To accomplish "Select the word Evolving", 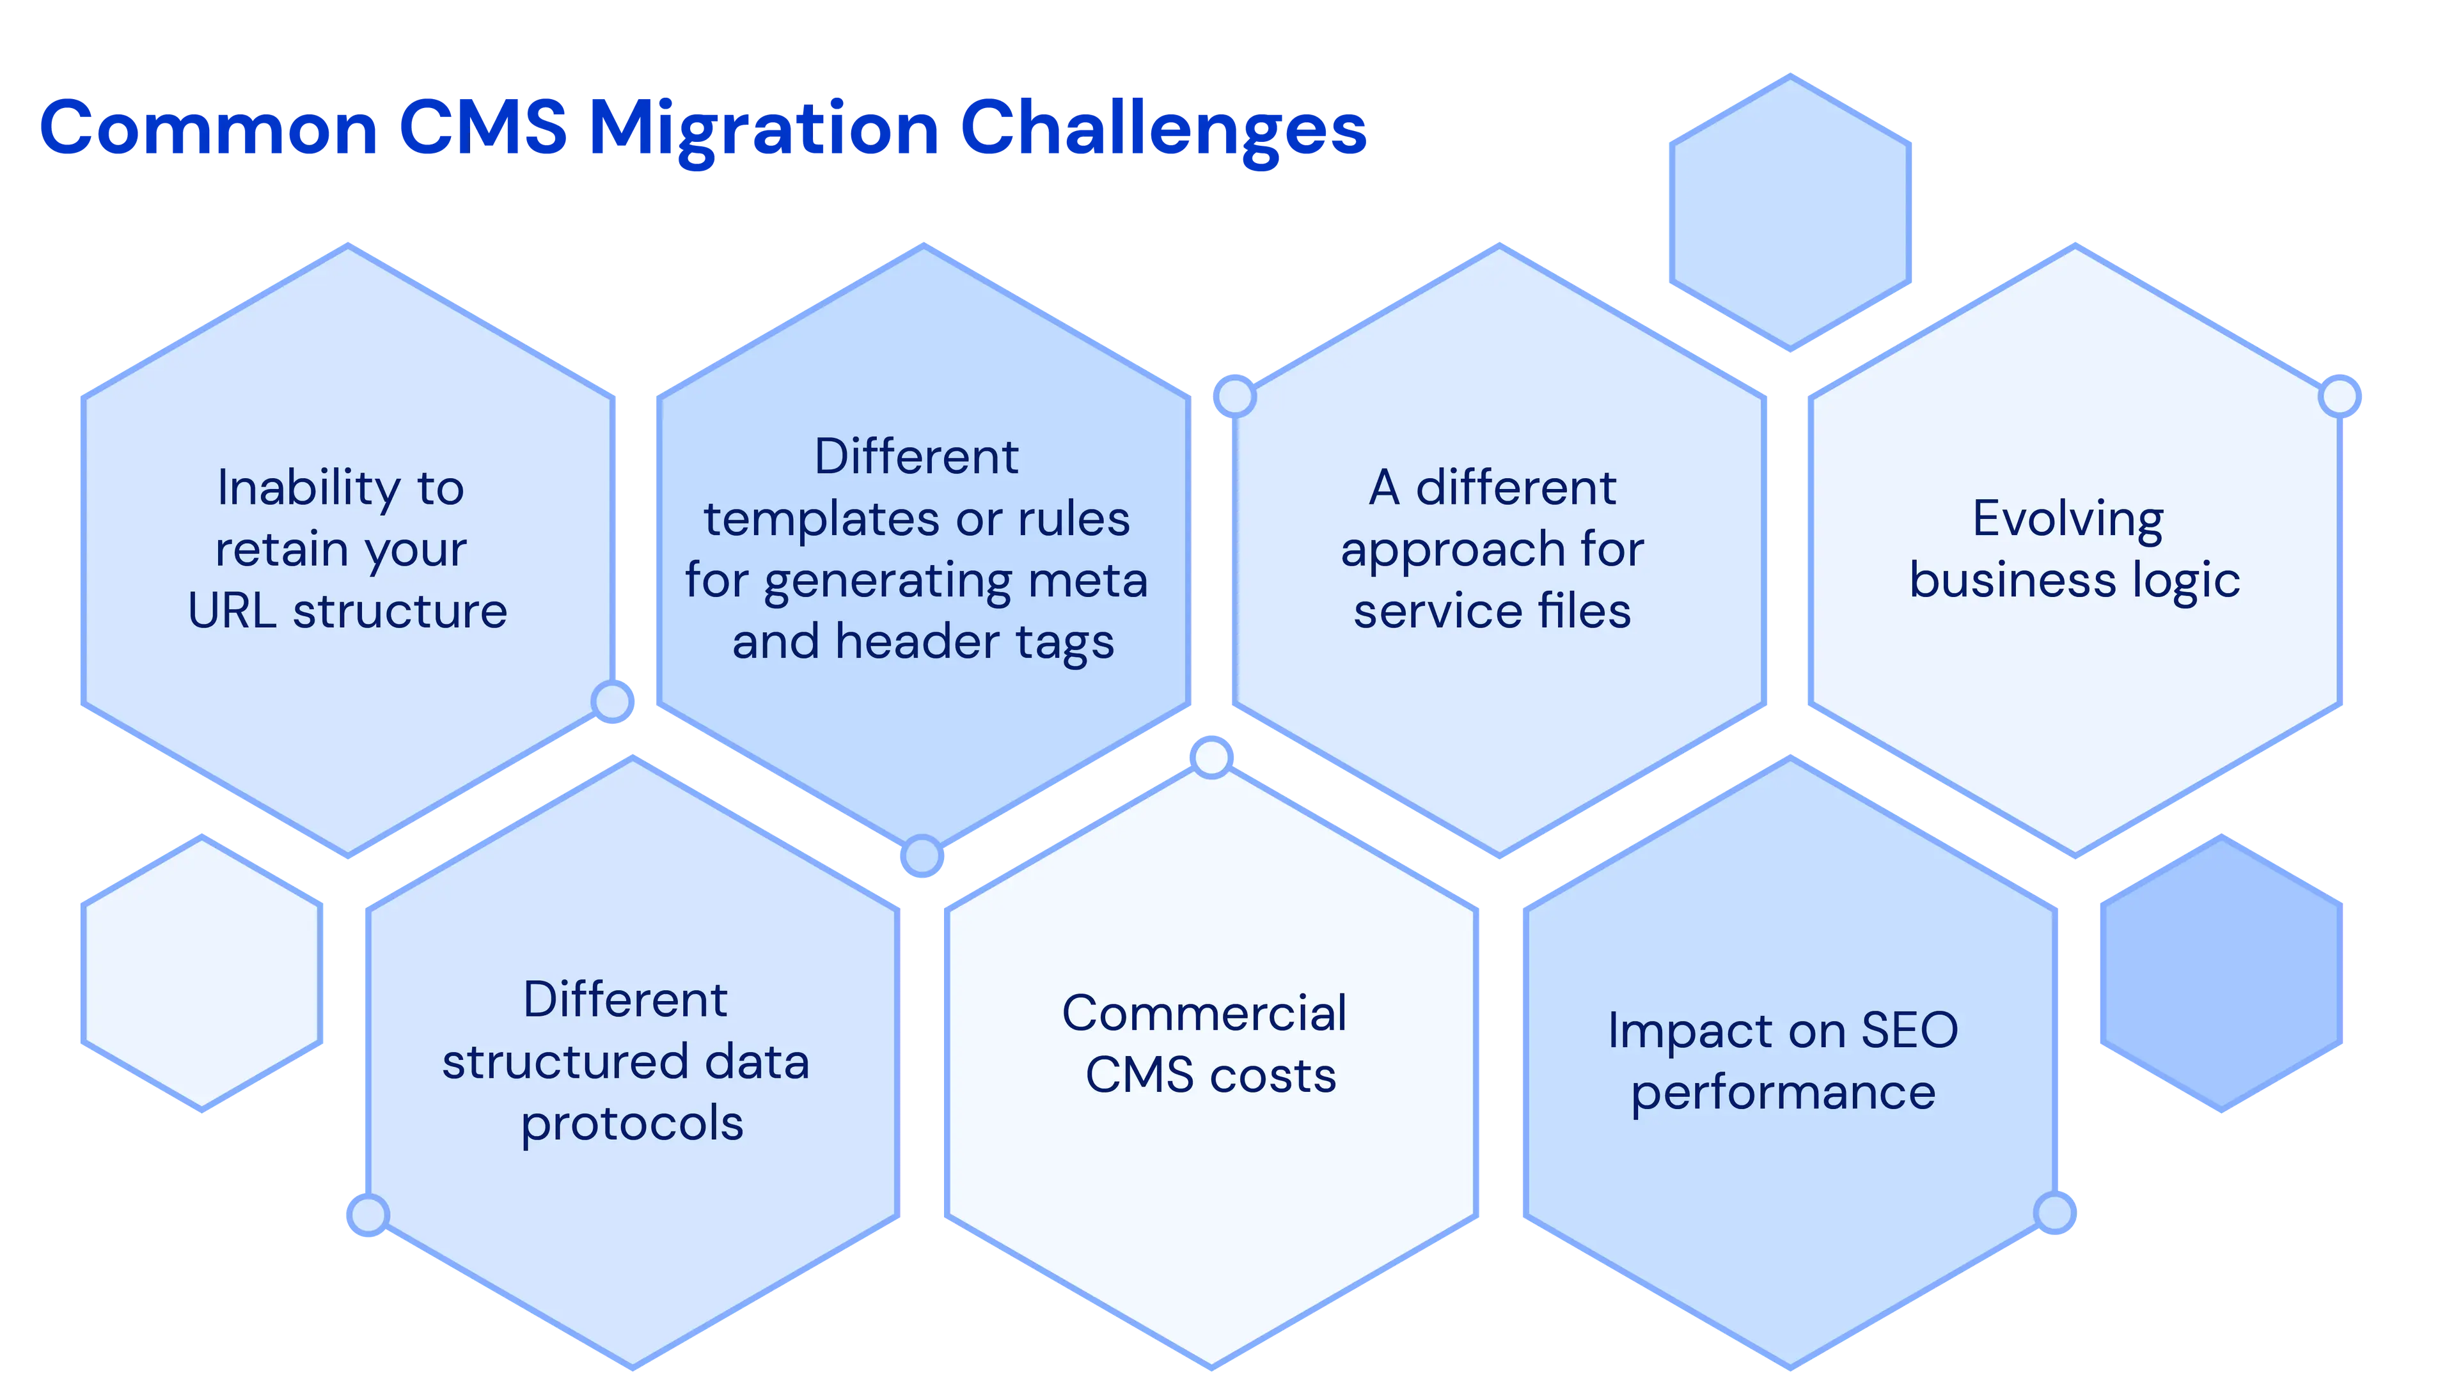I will (x=2068, y=520).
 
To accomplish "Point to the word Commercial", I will (x=1204, y=1013).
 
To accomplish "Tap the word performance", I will (x=1783, y=1092).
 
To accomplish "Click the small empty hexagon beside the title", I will (x=1789, y=212).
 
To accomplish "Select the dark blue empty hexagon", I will (x=2223, y=972).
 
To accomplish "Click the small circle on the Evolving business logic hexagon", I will (x=2340, y=396).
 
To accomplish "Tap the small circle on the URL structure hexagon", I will (x=613, y=701).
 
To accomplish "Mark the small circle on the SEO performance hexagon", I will (x=2054, y=1213).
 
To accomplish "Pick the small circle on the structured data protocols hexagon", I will (x=368, y=1215).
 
